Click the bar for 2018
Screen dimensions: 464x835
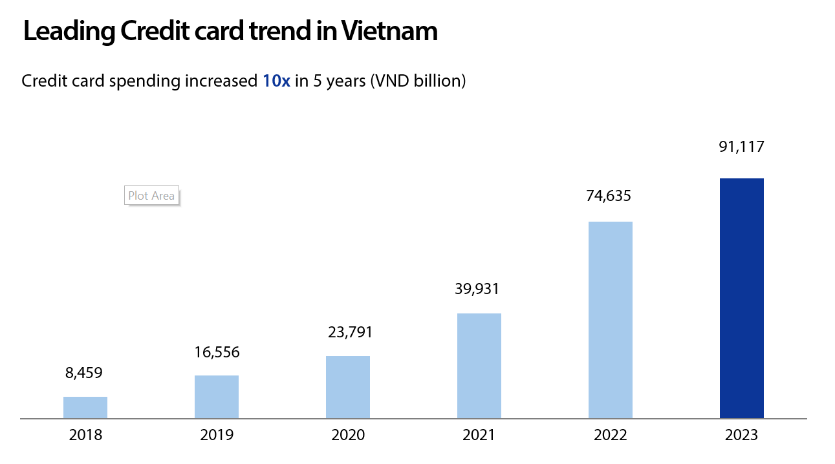click(x=85, y=407)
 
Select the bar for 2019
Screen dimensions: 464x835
click(x=217, y=397)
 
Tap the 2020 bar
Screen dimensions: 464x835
click(x=348, y=387)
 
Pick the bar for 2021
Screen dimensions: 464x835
click(x=479, y=366)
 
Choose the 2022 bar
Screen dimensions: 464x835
click(x=611, y=320)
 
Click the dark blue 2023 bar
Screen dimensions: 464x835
click(x=742, y=298)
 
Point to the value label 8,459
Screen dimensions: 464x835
click(x=84, y=373)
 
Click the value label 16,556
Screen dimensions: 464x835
click(x=217, y=352)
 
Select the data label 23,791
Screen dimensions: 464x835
click(x=348, y=332)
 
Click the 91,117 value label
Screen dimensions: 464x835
click(x=741, y=147)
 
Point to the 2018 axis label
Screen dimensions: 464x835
click(x=85, y=435)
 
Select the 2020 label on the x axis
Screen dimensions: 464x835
click(x=348, y=435)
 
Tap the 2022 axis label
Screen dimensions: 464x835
click(x=611, y=435)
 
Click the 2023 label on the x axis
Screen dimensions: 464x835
click(x=742, y=435)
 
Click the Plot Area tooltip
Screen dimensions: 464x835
click(x=151, y=195)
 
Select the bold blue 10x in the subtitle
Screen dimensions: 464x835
click(x=276, y=81)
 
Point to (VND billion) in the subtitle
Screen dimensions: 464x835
click(x=418, y=81)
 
